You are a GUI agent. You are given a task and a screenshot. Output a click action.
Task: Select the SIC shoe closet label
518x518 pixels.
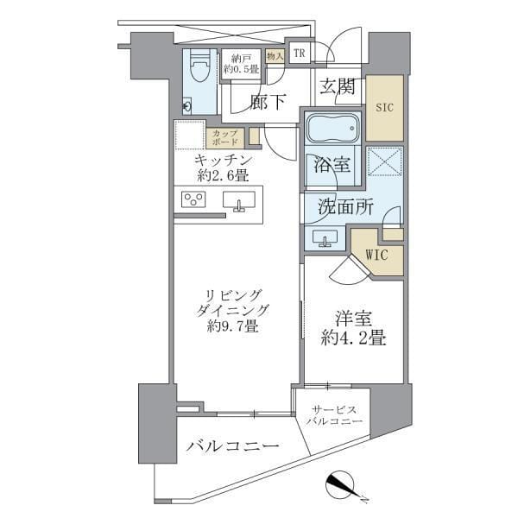(384, 108)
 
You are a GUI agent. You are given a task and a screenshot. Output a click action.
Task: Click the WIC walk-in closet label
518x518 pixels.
(376, 255)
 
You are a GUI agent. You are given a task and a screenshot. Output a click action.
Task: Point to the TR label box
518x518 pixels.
(299, 54)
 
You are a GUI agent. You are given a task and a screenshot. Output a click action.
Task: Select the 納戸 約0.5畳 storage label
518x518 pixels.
(241, 65)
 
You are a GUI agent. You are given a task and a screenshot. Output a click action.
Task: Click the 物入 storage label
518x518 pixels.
(275, 55)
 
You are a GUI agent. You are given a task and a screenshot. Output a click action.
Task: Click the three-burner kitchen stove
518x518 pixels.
(193, 201)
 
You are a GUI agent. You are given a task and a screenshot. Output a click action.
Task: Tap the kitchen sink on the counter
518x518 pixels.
(238, 201)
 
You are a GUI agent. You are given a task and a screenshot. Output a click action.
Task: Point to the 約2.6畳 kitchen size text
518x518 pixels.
(222, 175)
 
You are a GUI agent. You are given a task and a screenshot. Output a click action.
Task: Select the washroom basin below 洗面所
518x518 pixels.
(327, 238)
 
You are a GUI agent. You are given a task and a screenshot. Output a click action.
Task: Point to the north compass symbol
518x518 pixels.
(344, 486)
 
